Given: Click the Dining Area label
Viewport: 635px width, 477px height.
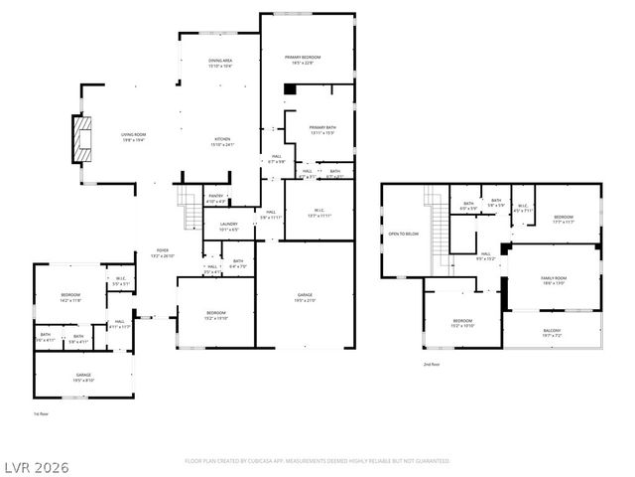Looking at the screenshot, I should pos(220,64).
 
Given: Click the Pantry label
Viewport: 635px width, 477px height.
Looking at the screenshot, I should pos(216,198).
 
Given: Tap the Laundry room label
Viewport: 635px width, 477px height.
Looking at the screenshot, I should pos(228,227).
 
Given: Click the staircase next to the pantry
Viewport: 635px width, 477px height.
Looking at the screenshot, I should pos(188,210).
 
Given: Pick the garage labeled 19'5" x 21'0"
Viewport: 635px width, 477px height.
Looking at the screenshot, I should pos(306,297).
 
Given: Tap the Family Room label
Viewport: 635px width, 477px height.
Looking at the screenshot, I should pos(553,280).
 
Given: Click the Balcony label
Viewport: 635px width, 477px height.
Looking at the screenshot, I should pos(552,333).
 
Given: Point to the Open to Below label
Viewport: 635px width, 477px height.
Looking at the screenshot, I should pos(403,234).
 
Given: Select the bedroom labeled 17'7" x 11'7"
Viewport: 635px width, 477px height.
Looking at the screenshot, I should pos(564,219).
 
